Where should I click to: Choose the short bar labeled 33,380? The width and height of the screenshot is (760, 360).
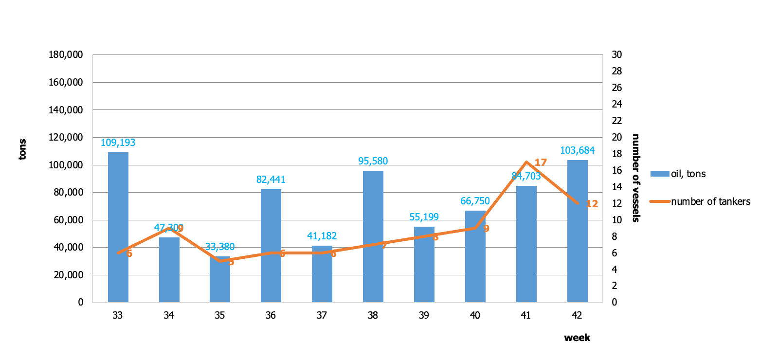pos(220,282)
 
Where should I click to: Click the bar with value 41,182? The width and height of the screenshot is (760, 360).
pos(322,277)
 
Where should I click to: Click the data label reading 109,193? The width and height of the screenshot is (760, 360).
pos(118,143)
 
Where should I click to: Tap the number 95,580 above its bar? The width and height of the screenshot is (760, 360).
pos(373,162)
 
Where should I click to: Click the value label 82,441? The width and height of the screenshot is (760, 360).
pos(271,180)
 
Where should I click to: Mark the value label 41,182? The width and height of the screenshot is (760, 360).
pos(322,236)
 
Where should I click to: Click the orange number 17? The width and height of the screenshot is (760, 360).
pos(541,163)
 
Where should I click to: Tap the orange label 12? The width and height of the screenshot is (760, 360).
pos(592,204)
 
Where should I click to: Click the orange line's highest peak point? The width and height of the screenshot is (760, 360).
pos(526,162)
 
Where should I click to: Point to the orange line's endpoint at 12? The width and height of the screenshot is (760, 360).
pos(578,203)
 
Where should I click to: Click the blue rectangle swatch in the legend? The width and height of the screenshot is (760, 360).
pos(660,174)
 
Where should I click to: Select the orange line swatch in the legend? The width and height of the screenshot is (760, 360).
pos(660,201)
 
